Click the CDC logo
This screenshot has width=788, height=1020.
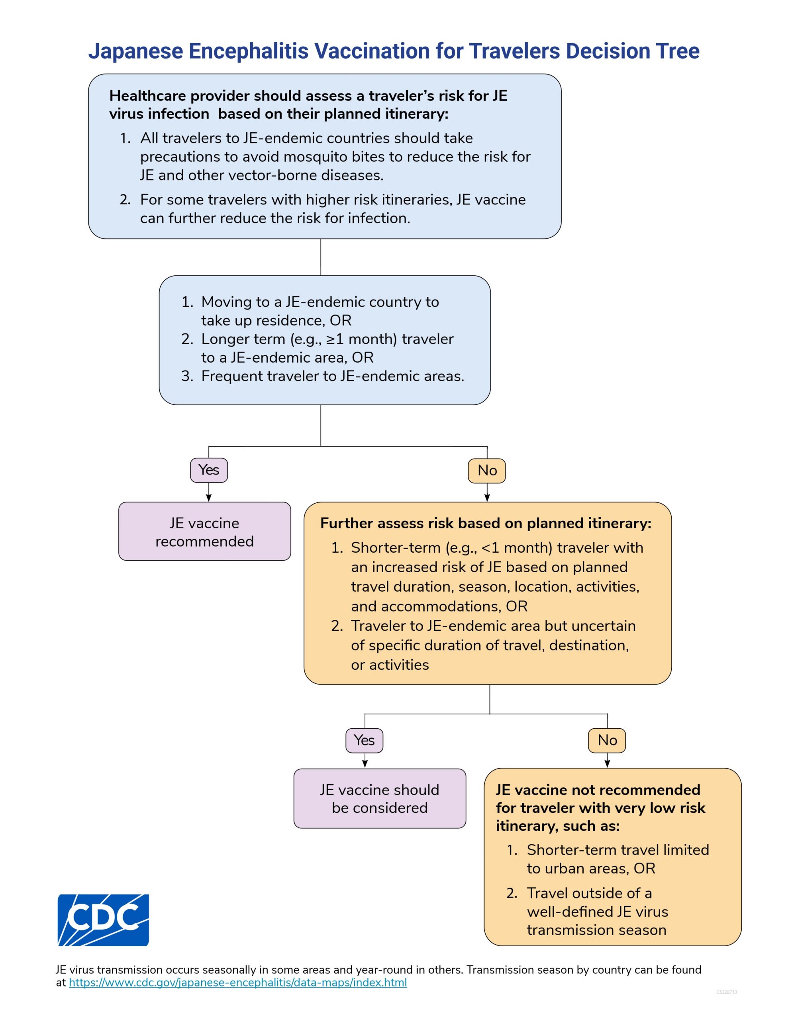point(103,920)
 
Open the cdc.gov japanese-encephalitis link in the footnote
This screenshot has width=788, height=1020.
point(238,982)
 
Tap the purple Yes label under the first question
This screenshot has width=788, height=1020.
point(209,470)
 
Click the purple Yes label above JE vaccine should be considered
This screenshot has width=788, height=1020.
point(365,740)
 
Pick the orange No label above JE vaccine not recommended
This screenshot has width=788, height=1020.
point(607,740)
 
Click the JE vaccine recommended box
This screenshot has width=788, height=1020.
point(205,532)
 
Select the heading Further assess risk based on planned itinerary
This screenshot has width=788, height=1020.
point(486,524)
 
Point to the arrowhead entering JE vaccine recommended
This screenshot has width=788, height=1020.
point(209,498)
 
